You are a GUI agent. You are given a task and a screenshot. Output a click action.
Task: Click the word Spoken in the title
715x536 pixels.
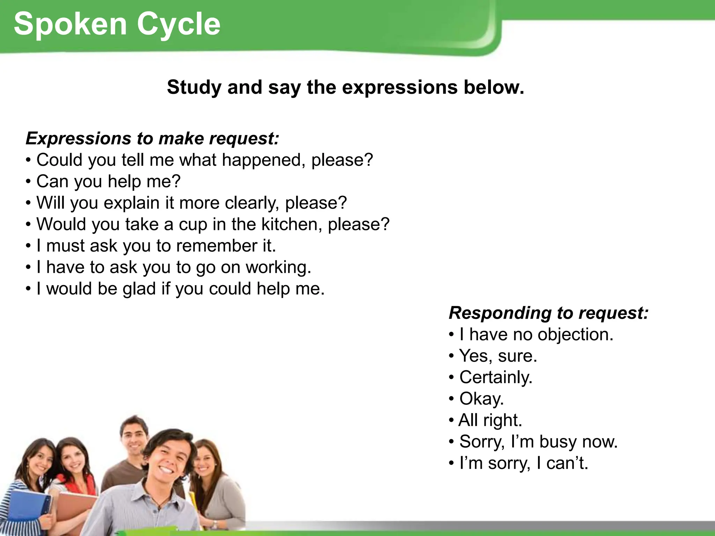(70, 24)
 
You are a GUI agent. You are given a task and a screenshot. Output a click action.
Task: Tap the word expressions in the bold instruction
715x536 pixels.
(399, 87)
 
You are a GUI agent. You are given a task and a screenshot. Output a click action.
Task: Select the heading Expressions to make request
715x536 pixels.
(153, 138)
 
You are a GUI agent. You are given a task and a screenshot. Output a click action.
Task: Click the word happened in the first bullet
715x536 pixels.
(264, 160)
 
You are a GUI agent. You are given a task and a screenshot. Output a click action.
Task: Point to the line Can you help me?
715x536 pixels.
(108, 181)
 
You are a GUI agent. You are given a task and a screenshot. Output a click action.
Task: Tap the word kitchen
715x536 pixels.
(292, 224)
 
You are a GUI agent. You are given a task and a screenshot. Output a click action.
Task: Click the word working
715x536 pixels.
(278, 267)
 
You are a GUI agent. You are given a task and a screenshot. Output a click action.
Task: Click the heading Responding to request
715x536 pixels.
(548, 313)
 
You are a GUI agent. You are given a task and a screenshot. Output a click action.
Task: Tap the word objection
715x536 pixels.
(575, 334)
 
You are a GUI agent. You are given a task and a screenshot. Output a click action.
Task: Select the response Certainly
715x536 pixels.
(496, 377)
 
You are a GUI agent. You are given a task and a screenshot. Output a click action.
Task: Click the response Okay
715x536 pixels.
(481, 399)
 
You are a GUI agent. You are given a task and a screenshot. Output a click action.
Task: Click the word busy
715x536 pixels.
(558, 441)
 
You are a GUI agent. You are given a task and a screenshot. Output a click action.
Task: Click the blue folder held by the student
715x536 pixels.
(26, 508)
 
